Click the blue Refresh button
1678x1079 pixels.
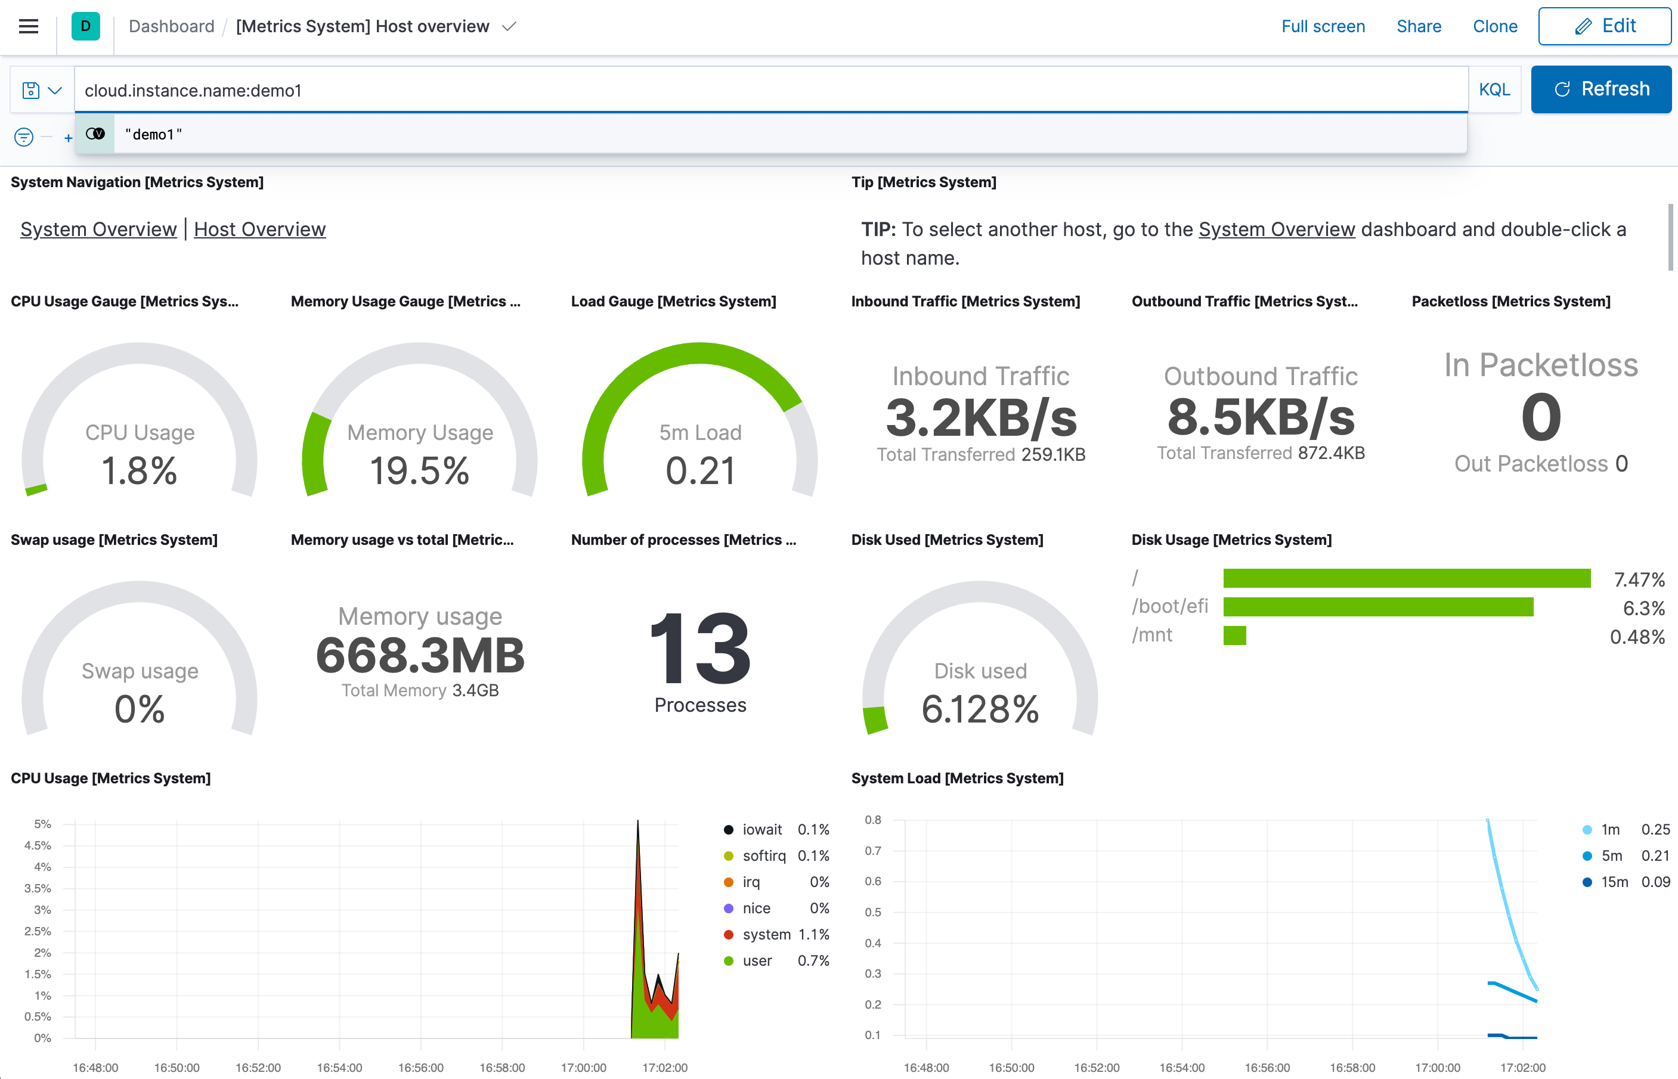(x=1600, y=89)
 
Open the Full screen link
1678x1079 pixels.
(x=1322, y=27)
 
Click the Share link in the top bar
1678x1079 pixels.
(x=1418, y=27)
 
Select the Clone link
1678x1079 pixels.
(x=1494, y=27)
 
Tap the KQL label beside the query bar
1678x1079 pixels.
(x=1494, y=89)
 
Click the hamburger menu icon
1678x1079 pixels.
(x=28, y=27)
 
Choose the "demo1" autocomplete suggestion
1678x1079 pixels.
(x=153, y=135)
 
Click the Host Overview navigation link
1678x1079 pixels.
(x=259, y=229)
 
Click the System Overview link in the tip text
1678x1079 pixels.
(x=1276, y=229)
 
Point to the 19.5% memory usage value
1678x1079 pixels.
(x=419, y=471)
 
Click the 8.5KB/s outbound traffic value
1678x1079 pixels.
(x=1260, y=417)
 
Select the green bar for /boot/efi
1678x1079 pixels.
(x=1377, y=607)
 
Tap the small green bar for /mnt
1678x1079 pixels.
(x=1234, y=635)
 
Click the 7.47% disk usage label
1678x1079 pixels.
(x=1638, y=579)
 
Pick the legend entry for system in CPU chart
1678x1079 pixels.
(x=766, y=935)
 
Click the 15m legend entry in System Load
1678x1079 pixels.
(x=1614, y=882)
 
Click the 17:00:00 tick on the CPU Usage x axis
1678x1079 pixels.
(x=583, y=1068)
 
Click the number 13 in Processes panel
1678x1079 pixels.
(x=699, y=648)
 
